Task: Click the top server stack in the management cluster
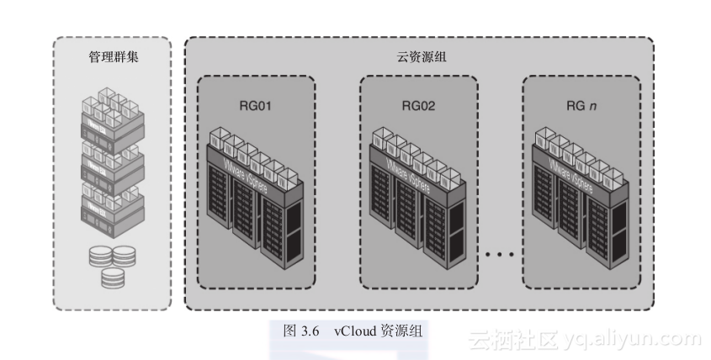[113, 116]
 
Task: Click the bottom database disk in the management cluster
[113, 276]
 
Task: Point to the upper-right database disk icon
[125, 255]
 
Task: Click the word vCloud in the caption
[357, 331]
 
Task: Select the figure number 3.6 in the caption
[311, 331]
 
